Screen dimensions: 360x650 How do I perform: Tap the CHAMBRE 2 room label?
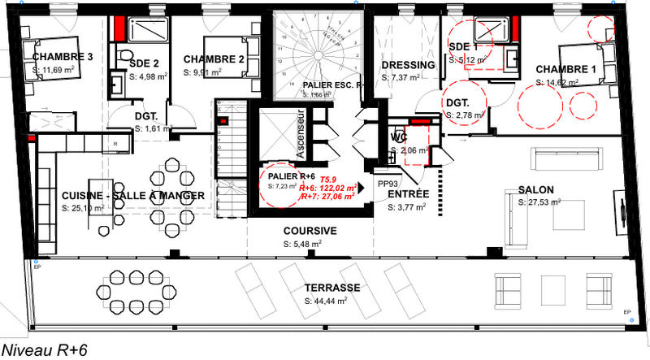click(x=214, y=59)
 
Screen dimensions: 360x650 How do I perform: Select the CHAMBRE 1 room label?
click(x=566, y=70)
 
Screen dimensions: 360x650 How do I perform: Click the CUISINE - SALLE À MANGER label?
click(x=132, y=196)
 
